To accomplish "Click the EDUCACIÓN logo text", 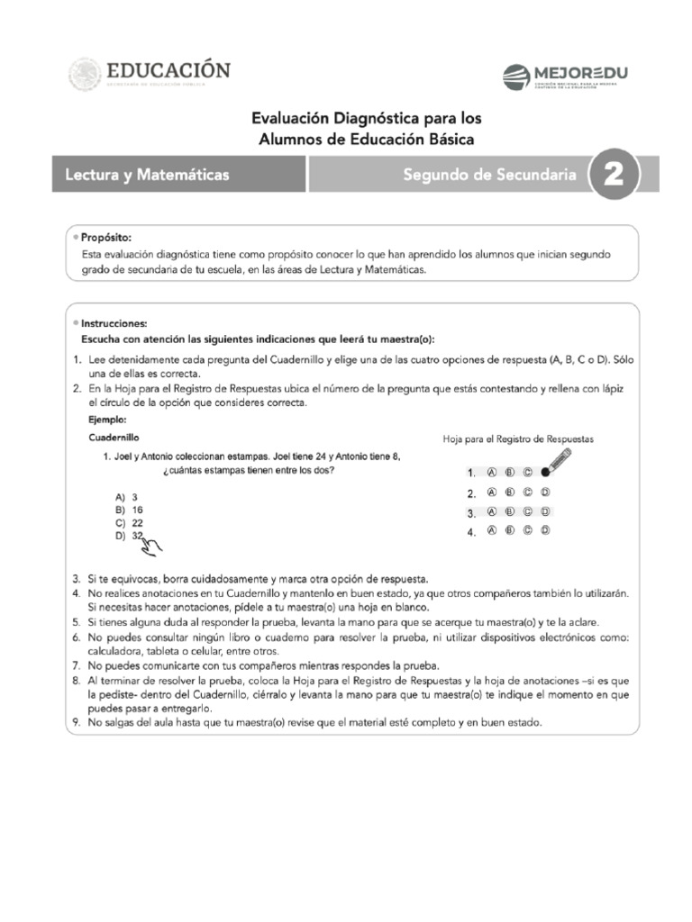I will pos(169,69).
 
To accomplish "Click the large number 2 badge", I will pos(614,175).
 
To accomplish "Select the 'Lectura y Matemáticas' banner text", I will pos(148,175).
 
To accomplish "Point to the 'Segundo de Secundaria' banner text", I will pos(489,175).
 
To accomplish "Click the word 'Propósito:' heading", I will pos(106,238).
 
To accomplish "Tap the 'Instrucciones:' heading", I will pos(114,323).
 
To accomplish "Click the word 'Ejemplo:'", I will pos(107,420).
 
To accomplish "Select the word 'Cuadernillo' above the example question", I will pos(114,437).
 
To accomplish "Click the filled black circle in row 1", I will pos(545,472).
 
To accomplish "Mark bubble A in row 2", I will pos(492,493).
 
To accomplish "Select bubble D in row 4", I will pos(545,531).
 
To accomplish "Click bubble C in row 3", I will pos(527,512).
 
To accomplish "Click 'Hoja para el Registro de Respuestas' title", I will pos(518,439).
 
